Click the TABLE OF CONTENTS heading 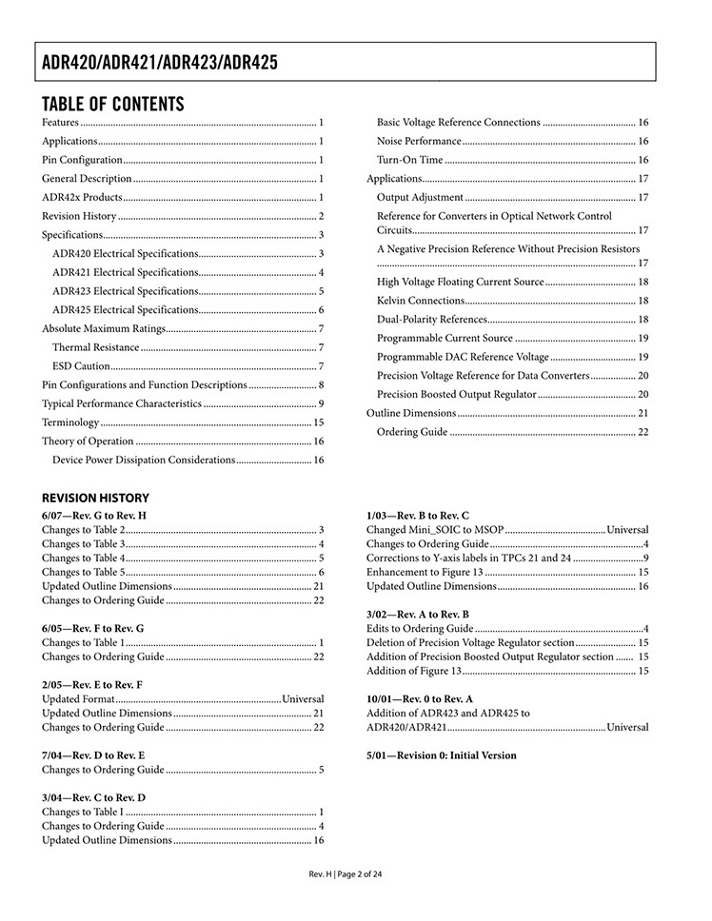(112, 104)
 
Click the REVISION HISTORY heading (95, 498)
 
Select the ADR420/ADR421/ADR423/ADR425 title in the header (160, 64)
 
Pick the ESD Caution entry (81, 366)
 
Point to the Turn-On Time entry (409, 160)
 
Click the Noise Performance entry (419, 141)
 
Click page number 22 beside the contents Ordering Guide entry (643, 432)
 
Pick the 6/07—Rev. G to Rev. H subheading (93, 516)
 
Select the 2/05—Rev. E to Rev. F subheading (92, 683)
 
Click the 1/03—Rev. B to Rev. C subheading (417, 516)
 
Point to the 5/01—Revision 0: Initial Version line (441, 755)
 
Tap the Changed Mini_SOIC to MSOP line (435, 530)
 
